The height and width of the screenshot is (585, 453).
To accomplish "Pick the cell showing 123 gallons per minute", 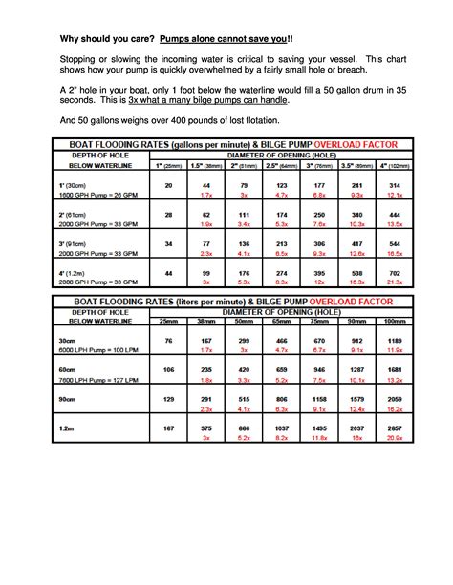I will point(281,185).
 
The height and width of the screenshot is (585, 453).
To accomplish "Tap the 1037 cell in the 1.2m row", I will point(281,428).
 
